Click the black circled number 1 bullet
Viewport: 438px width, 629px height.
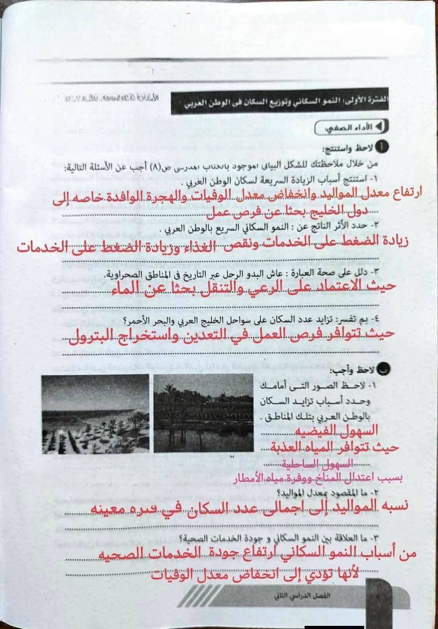[x=382, y=147]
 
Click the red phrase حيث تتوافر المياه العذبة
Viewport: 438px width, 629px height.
[x=335, y=447]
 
